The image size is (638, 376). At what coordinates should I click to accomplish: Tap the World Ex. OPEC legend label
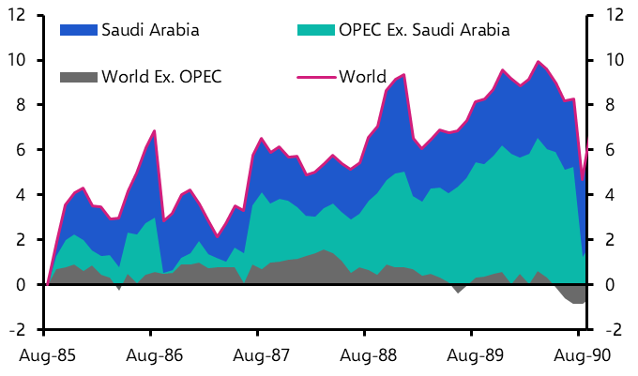161,75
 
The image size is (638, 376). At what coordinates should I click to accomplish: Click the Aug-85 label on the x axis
44,357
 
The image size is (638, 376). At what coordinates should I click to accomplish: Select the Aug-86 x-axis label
151,357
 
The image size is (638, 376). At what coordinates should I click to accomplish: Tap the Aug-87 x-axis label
258,357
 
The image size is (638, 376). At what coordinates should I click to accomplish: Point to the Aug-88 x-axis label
365,357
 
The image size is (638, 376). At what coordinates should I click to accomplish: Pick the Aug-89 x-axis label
472,357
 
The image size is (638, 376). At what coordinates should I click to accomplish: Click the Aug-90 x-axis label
579,357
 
